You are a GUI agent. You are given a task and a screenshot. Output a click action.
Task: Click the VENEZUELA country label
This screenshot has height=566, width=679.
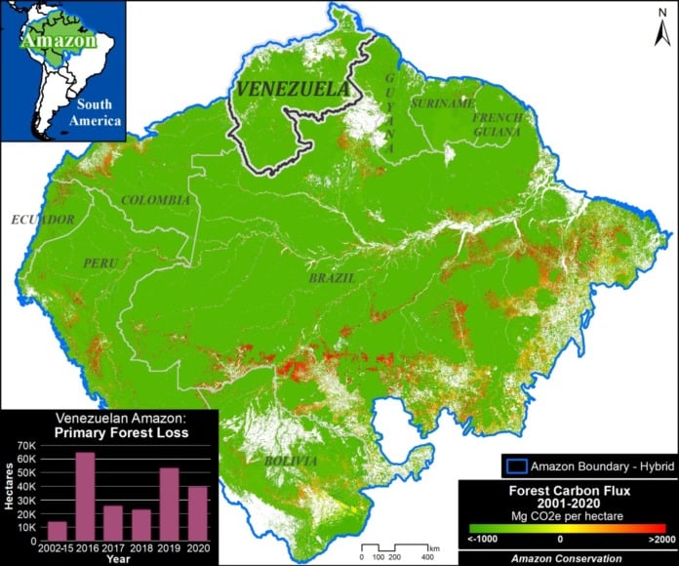(x=292, y=91)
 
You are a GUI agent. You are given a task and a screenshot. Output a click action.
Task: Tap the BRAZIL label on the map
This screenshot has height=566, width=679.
(x=332, y=278)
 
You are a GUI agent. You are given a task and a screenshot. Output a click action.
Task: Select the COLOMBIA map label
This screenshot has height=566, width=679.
(x=155, y=199)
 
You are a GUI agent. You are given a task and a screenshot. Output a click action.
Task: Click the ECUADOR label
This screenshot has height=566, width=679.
(x=43, y=220)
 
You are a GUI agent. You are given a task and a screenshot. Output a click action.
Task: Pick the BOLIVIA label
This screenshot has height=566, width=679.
(x=290, y=461)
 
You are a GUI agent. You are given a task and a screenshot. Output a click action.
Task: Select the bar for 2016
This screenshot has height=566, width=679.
(x=86, y=496)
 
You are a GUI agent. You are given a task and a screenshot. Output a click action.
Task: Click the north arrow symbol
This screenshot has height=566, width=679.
(x=659, y=33)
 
